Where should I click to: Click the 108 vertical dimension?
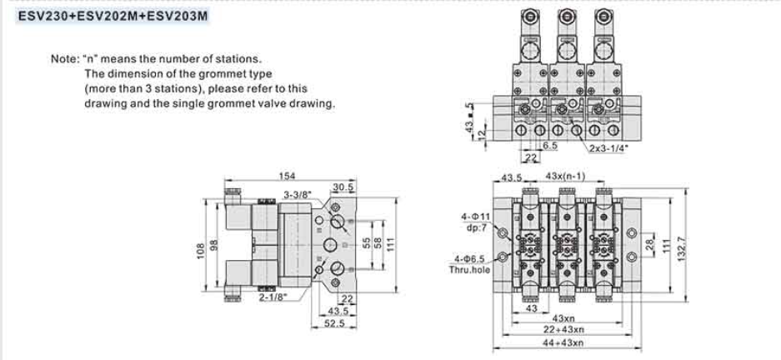click(202, 250)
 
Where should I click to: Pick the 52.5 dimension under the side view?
click(335, 323)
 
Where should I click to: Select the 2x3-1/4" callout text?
click(608, 147)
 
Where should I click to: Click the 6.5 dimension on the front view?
click(550, 146)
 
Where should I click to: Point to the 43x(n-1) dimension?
click(564, 177)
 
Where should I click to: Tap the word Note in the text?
click(63, 59)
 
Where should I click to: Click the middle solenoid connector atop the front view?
click(567, 16)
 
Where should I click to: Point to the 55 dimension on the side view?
click(364, 242)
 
